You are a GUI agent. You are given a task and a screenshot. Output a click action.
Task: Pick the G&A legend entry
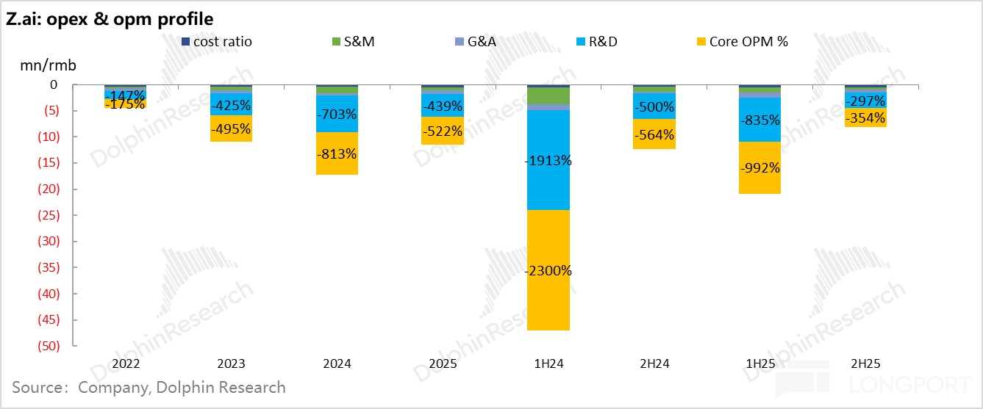pos(476,41)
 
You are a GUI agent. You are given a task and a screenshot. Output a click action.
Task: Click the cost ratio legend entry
pos(221,41)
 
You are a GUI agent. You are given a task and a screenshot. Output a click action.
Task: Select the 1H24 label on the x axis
pos(548,363)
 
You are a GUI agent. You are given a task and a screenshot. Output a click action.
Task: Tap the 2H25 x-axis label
pos(865,363)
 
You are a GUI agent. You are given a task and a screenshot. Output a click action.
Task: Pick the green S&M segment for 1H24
pos(548,95)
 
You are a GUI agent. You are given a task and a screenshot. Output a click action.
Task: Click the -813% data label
pos(337,154)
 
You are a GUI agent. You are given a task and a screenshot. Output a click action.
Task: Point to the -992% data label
pos(759,167)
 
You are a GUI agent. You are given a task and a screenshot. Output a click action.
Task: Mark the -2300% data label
pos(548,271)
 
